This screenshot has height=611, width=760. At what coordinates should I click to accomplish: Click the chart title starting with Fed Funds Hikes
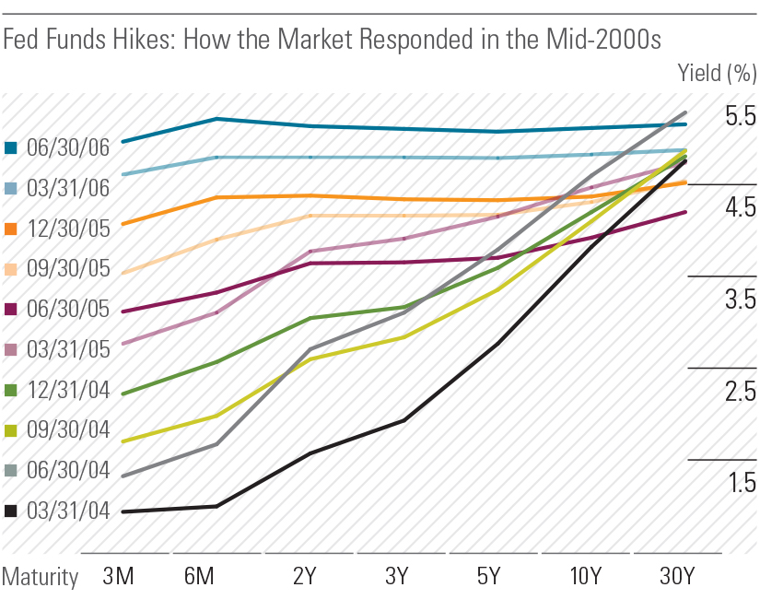click(332, 40)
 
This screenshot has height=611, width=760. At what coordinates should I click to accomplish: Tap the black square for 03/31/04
click(11, 511)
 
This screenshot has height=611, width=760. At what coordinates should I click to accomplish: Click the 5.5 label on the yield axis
click(740, 116)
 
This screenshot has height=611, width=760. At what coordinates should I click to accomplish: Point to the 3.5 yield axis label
click(740, 300)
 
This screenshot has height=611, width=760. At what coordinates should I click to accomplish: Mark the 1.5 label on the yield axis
click(740, 483)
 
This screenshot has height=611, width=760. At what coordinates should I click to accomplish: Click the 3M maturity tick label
click(119, 578)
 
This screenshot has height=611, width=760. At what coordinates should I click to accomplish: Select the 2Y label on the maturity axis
click(304, 578)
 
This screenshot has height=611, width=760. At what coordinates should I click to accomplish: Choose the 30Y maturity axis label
click(677, 578)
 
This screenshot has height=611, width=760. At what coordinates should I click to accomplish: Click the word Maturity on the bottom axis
click(40, 578)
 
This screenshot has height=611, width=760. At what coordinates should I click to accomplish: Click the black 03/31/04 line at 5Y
click(498, 344)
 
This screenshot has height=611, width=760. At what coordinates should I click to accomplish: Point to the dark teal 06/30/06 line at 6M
click(216, 119)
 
